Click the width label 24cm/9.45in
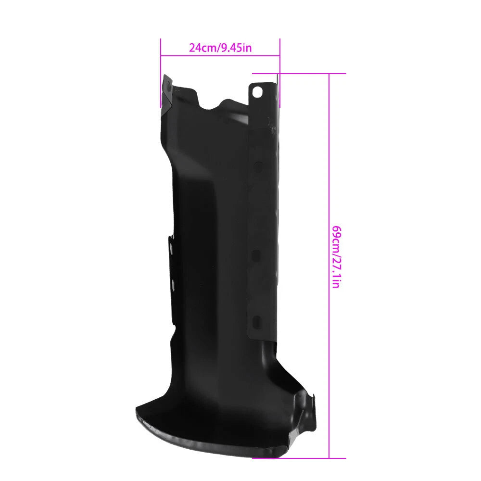point(220,48)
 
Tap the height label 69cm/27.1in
point(336,257)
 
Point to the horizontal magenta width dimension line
point(220,56)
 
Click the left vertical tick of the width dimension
point(161,73)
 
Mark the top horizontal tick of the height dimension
point(299,74)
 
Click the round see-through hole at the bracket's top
point(256,91)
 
